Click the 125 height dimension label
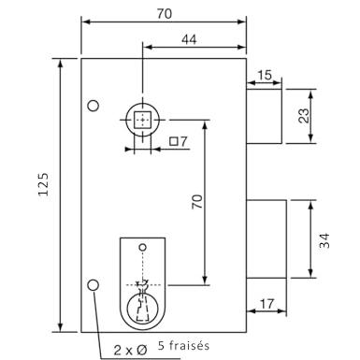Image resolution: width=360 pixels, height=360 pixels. tap(43, 184)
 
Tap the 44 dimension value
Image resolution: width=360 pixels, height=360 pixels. tap(189, 40)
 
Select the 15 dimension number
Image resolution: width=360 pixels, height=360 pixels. tap(265, 76)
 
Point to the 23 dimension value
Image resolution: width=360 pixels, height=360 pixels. tap(304, 116)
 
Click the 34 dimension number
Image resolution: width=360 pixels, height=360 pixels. tap(324, 240)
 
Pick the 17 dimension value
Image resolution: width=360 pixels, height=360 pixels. tap(266, 304)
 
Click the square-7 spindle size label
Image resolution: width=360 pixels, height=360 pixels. tap(179, 141)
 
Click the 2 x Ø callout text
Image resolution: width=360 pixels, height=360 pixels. tap(130, 351)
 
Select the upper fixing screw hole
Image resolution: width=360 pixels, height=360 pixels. tap(94, 106)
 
